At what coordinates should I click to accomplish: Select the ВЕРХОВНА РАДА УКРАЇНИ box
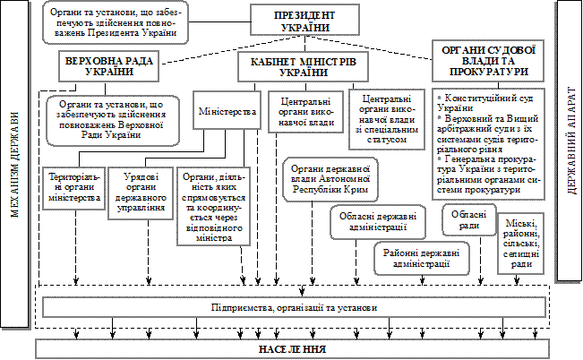[106, 65]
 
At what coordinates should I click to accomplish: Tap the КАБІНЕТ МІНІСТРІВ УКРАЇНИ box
[297, 65]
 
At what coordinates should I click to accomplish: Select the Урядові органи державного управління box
[140, 197]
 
